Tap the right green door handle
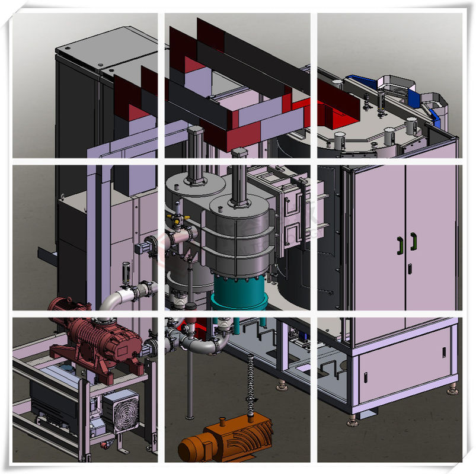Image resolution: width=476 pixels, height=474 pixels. [413, 241]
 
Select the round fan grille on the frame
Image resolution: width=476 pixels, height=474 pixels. [121, 409]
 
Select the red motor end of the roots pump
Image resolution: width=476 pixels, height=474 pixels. [62, 309]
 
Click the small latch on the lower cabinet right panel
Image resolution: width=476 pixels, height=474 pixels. [443, 352]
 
